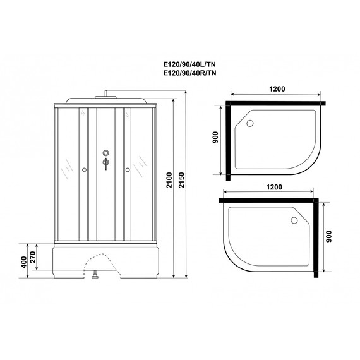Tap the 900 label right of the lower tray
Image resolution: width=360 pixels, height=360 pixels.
[328, 237]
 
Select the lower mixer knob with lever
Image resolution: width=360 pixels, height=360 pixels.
[105, 165]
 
